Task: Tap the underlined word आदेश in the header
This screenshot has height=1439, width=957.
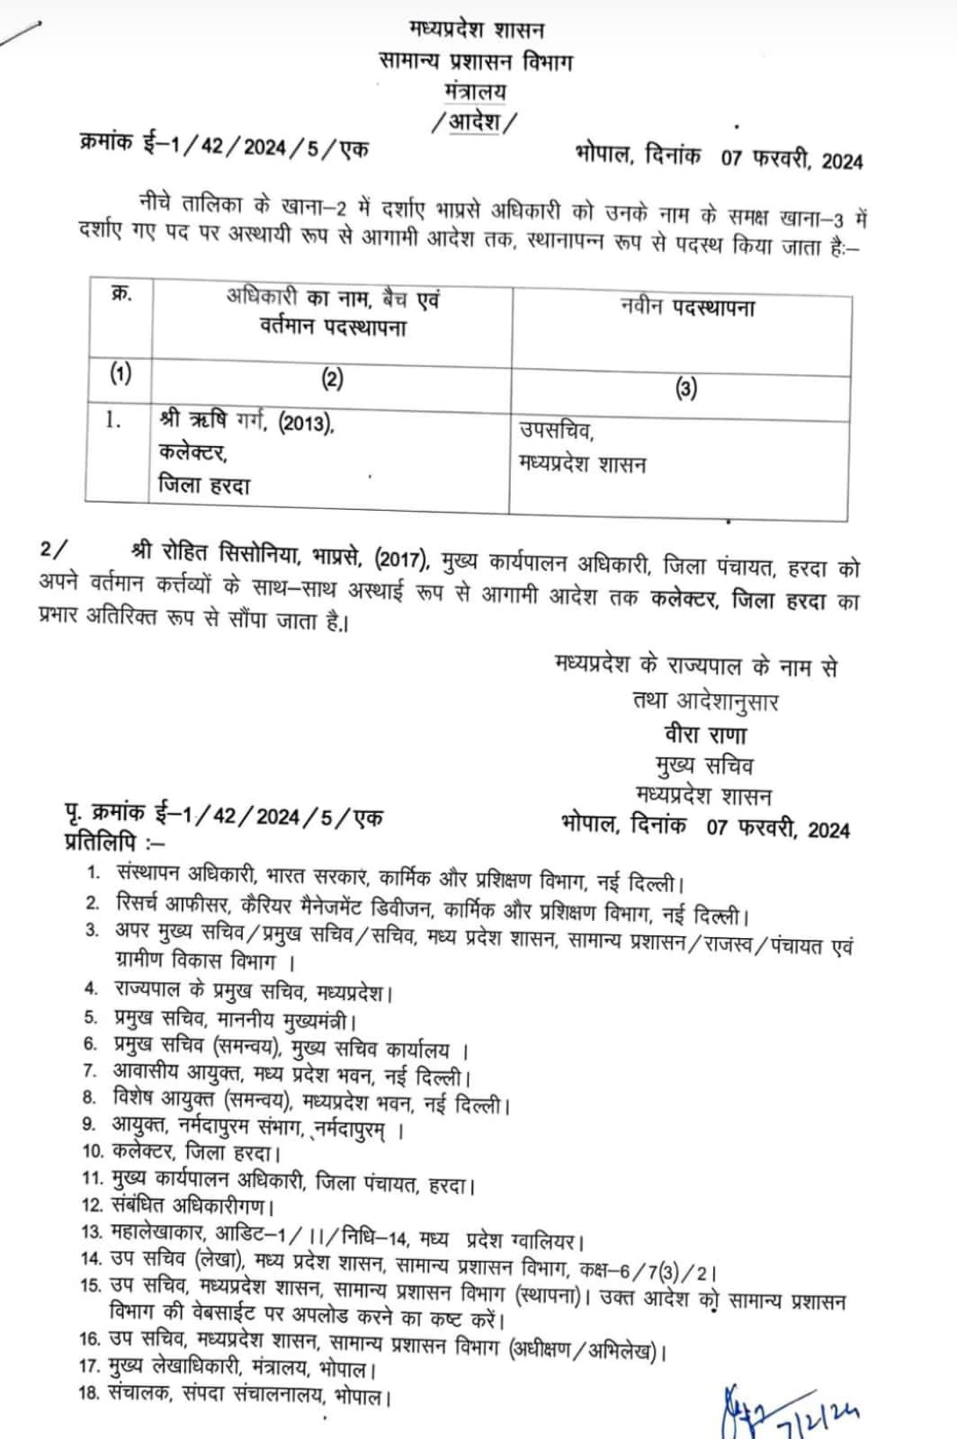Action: (x=475, y=121)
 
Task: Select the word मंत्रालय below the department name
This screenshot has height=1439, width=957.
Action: (x=475, y=91)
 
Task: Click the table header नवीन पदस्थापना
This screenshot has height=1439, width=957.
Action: (x=688, y=308)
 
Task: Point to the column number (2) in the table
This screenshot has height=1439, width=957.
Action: (x=332, y=379)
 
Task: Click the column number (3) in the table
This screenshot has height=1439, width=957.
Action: (x=685, y=389)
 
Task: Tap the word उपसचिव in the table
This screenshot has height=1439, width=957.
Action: (x=556, y=431)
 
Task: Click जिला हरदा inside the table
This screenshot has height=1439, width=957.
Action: (x=204, y=486)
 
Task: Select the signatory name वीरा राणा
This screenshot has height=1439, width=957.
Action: (x=705, y=734)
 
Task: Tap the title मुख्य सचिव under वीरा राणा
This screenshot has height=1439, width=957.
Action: (x=704, y=764)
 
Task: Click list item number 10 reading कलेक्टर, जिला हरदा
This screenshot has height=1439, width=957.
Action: (x=194, y=1151)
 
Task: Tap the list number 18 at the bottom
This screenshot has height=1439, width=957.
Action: (x=90, y=1396)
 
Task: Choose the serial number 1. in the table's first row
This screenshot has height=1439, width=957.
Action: (x=113, y=420)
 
